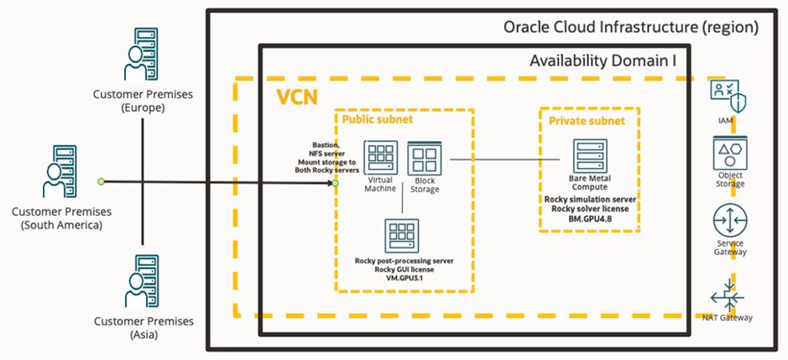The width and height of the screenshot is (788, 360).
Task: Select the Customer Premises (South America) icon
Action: pyautogui.click(x=60, y=172)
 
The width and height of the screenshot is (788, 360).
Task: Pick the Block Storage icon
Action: pyautogui.click(x=424, y=159)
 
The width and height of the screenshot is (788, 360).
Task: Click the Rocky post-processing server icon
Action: pyautogui.click(x=402, y=236)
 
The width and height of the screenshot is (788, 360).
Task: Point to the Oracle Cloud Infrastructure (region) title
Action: pyautogui.click(x=630, y=27)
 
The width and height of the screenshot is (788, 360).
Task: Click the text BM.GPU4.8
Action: pyautogui.click(x=589, y=217)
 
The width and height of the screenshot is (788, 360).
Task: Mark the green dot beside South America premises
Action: pyautogui.click(x=101, y=181)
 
